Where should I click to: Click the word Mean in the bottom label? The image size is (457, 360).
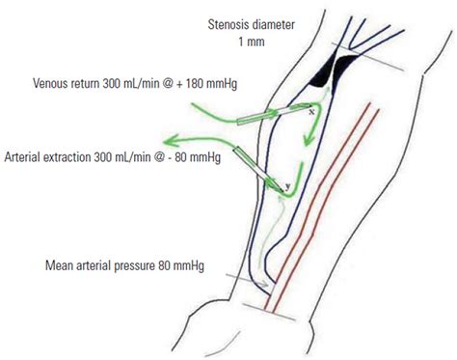60,263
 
